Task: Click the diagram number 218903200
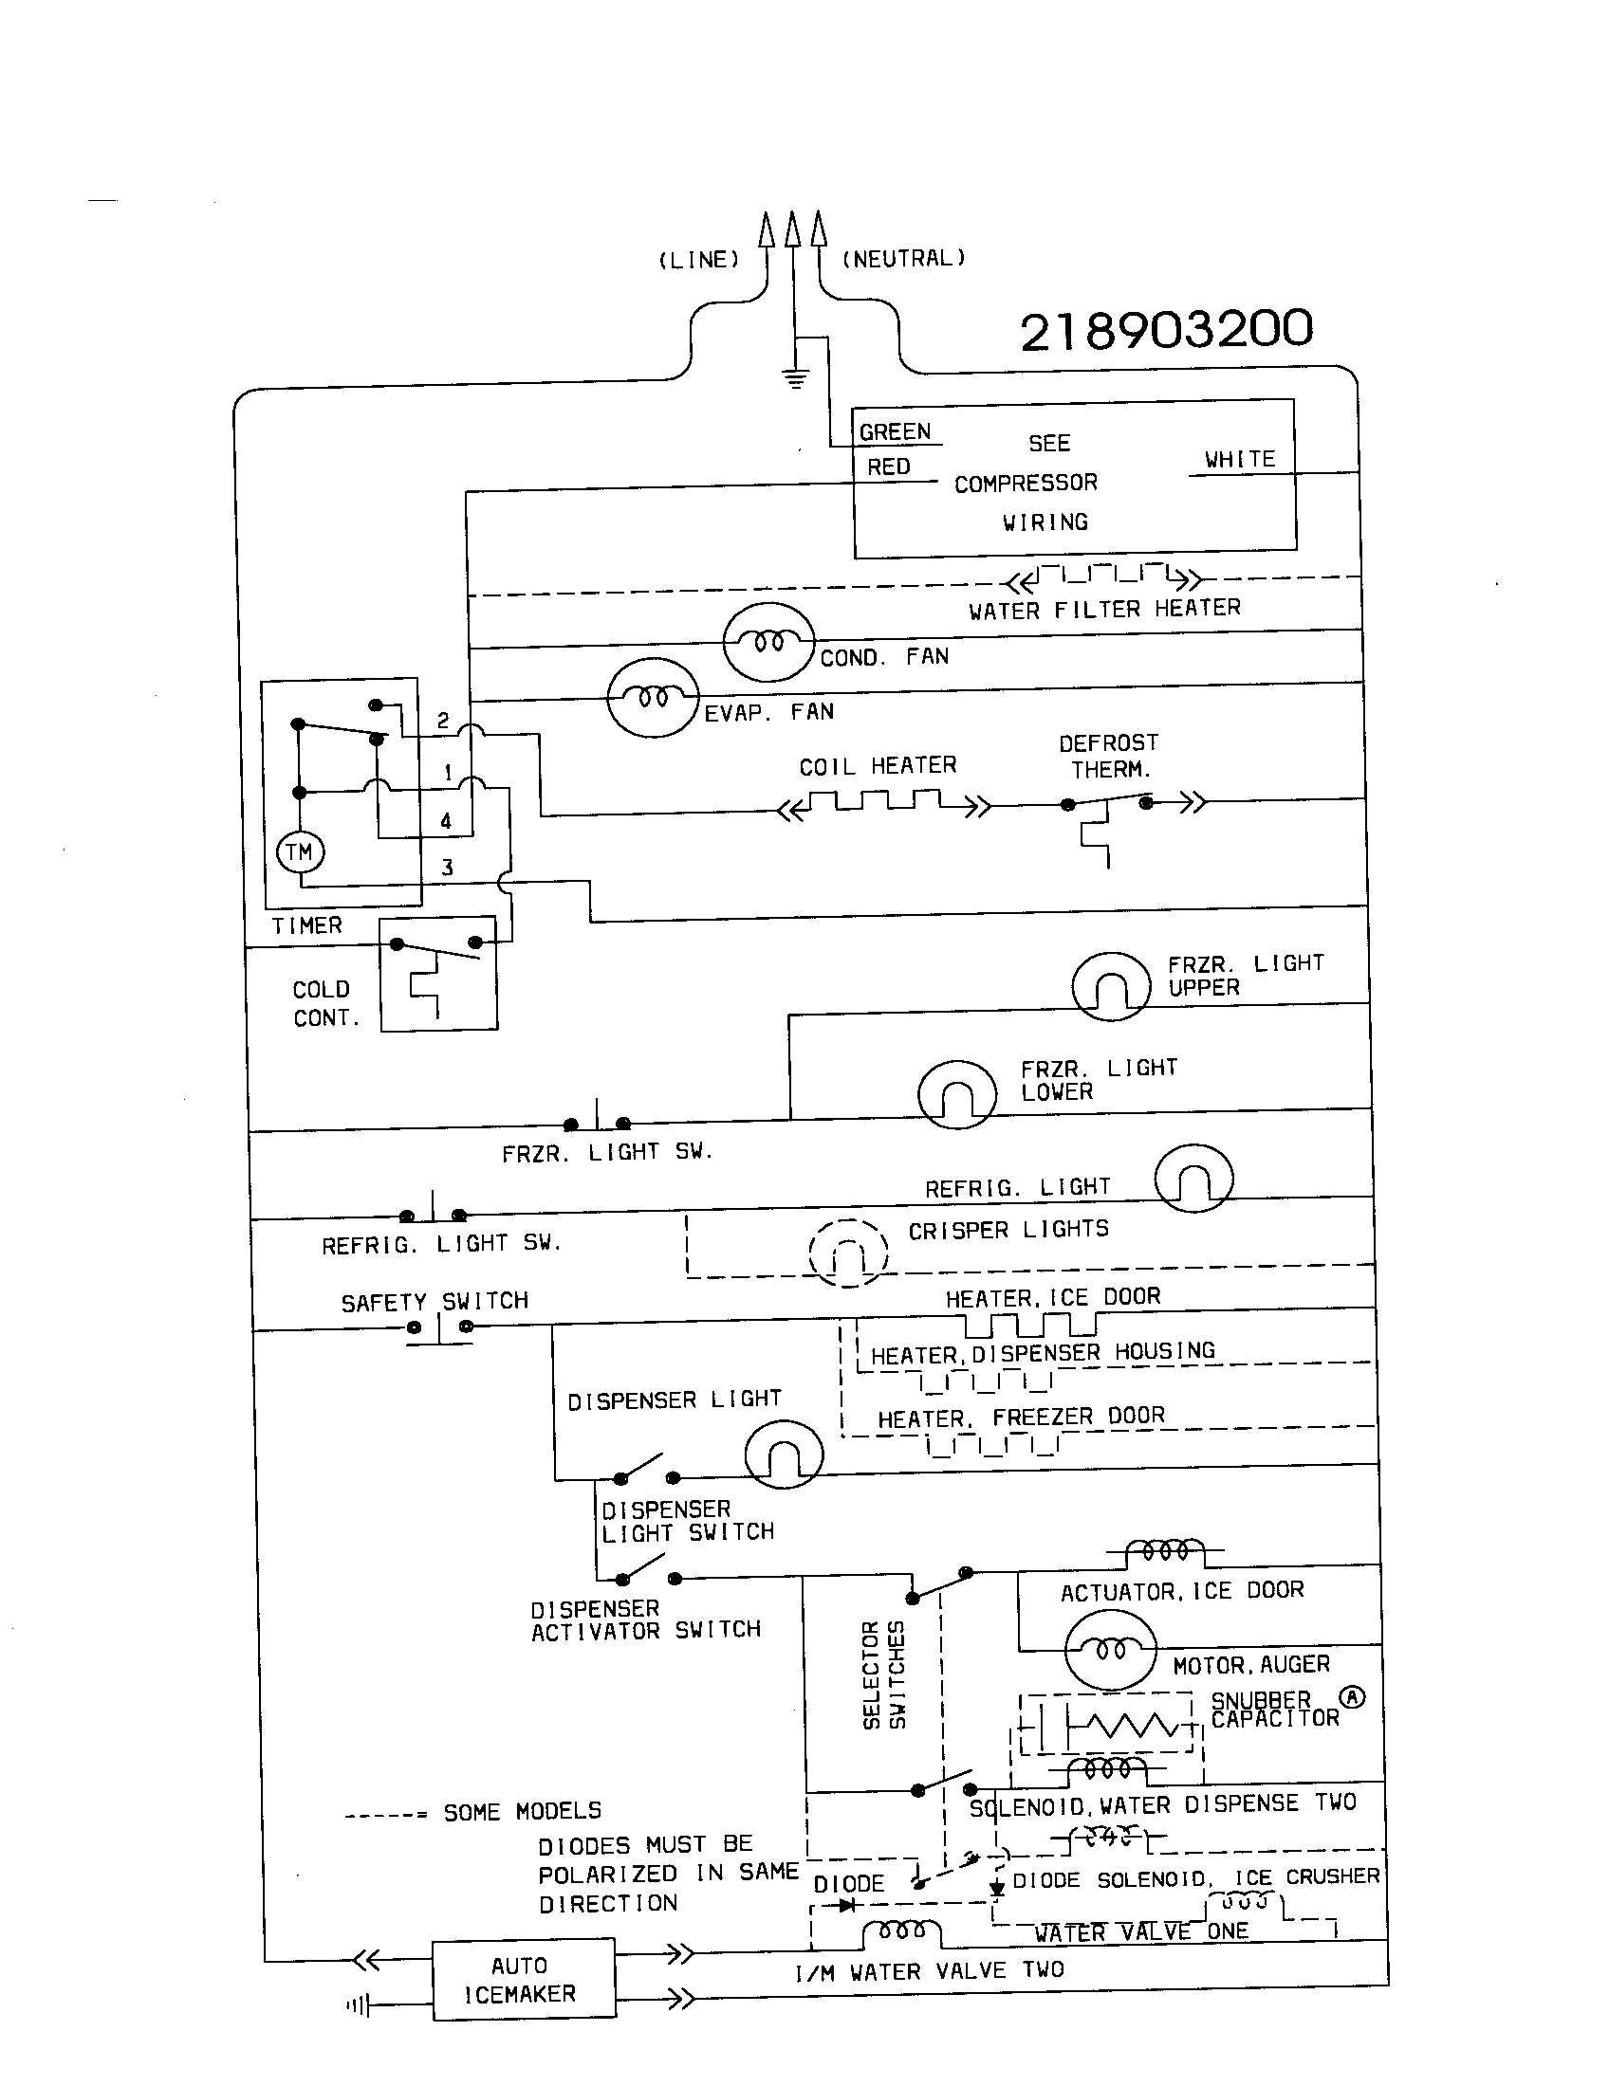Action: click(1166, 331)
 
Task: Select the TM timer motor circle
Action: click(300, 852)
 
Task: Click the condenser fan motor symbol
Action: click(768, 642)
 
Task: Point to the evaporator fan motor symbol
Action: click(654, 697)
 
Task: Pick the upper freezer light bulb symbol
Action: click(1110, 987)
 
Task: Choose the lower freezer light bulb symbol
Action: click(956, 1094)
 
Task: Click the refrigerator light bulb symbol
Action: click(1193, 1179)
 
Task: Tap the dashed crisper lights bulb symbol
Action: click(847, 1253)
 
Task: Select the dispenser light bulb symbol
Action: click(783, 1454)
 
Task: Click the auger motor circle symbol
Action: click(1109, 1651)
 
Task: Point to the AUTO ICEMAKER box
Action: click(524, 1979)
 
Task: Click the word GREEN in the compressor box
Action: click(895, 431)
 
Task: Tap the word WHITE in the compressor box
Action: click(1239, 460)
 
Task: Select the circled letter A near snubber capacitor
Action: click(1352, 1697)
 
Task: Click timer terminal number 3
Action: click(447, 868)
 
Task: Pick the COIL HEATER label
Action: click(878, 766)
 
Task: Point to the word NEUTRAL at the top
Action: click(904, 258)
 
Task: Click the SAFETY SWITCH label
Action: click(435, 1302)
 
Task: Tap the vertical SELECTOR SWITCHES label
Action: click(883, 1675)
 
